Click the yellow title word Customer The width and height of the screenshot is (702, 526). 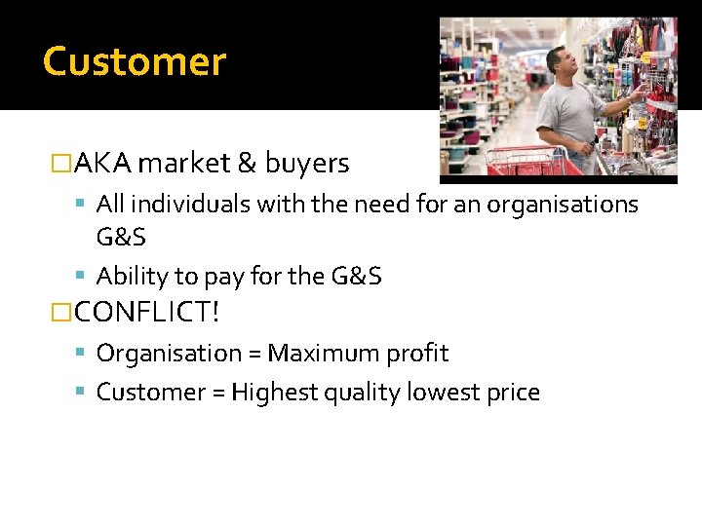(x=135, y=61)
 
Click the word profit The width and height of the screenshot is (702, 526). (x=422, y=353)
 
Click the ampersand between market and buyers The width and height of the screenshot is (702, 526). (x=245, y=164)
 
